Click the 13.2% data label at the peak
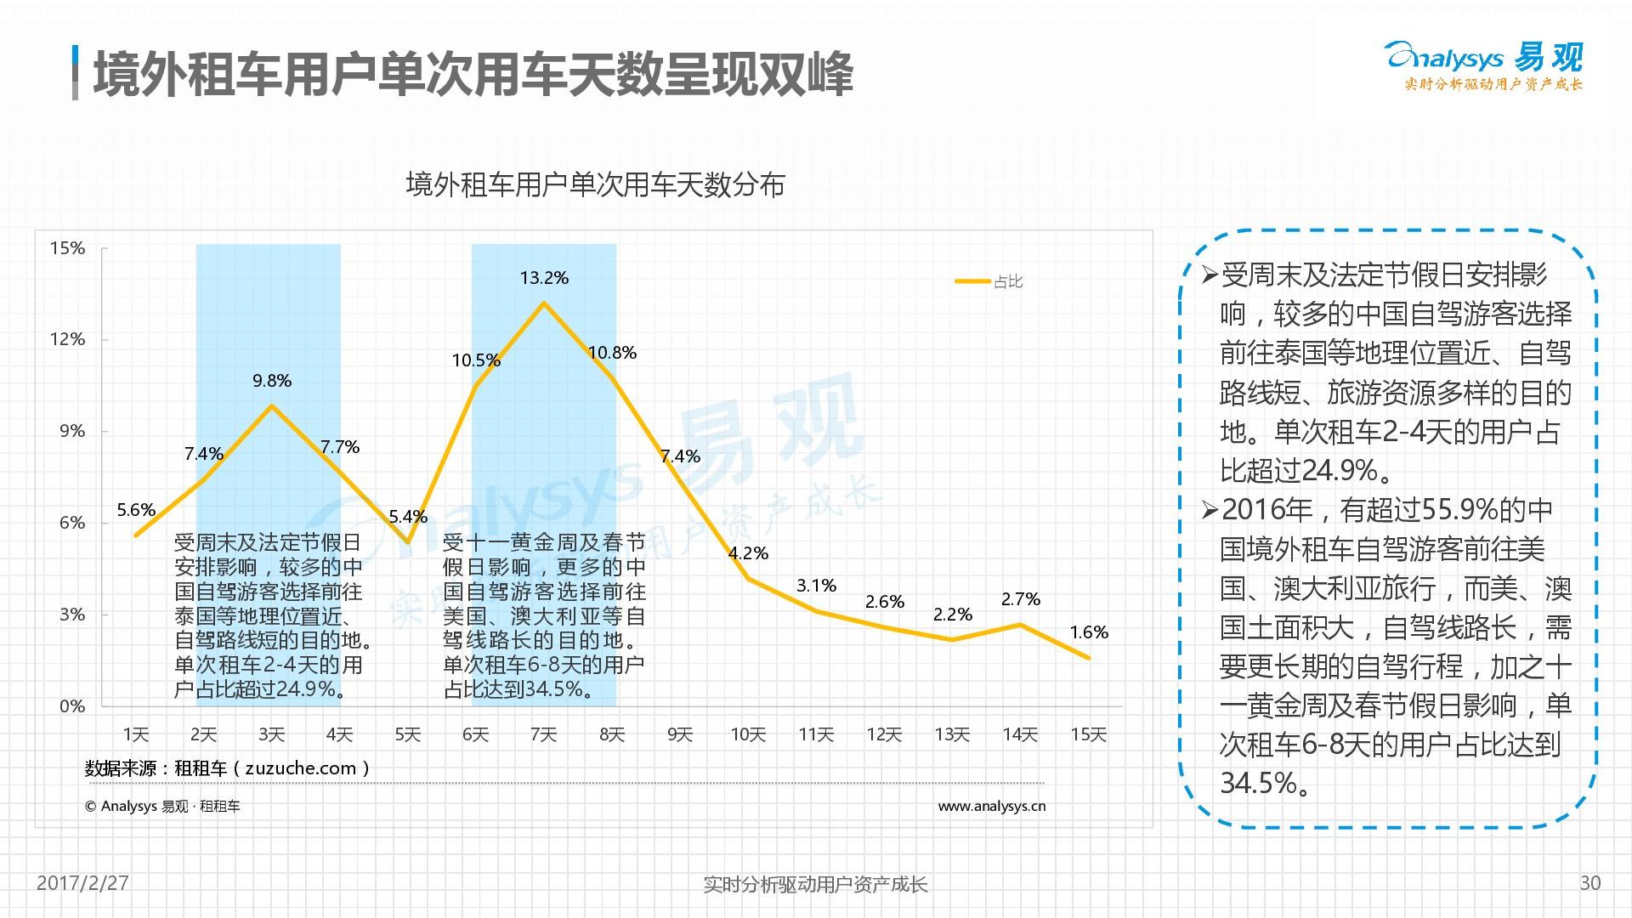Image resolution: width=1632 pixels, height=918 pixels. [544, 278]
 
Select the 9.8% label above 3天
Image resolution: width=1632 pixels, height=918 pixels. [272, 381]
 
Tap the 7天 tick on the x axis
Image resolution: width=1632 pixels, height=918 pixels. [544, 734]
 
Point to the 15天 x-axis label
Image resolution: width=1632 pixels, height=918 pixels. [1088, 734]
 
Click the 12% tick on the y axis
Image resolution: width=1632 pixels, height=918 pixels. [68, 339]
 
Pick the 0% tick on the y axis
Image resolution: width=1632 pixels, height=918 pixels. [72, 705]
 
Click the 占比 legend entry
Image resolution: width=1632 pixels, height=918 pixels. [1007, 281]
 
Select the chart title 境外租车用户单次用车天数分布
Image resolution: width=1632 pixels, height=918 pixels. [595, 184]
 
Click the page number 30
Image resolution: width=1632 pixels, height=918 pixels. [1589, 883]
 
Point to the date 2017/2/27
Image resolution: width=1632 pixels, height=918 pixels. [82, 883]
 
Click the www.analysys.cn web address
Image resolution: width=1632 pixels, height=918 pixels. [991, 806]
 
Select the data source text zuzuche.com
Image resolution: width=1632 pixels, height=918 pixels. [301, 768]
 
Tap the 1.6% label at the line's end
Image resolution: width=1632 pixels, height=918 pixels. [1089, 632]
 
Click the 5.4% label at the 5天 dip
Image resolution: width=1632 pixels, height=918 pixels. [408, 517]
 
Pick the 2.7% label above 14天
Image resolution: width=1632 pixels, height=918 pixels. [1021, 599]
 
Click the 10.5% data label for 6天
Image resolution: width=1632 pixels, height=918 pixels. [476, 360]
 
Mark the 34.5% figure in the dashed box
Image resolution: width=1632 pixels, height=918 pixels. [1259, 783]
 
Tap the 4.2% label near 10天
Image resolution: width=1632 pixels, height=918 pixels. [748, 553]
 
